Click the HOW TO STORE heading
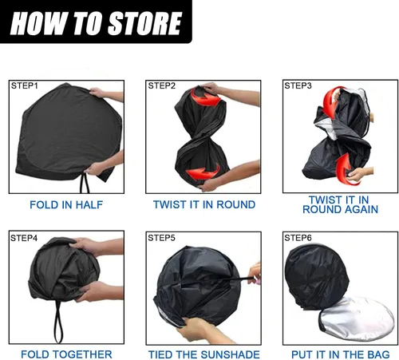[x=96, y=23]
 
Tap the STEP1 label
[x=25, y=85]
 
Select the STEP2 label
[x=162, y=85]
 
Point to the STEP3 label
[x=298, y=85]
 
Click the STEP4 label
[x=24, y=238]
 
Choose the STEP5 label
[x=162, y=238]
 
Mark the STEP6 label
[x=298, y=238]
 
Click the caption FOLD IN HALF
[x=66, y=205]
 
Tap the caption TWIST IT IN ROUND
[x=204, y=204]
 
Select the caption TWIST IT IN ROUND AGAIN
[x=340, y=204]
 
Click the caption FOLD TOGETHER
[x=66, y=354]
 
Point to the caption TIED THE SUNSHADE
[x=204, y=354]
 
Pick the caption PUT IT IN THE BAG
[x=341, y=354]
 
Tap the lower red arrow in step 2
[x=203, y=173]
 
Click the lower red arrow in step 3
[x=343, y=170]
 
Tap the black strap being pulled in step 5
[x=229, y=280]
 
